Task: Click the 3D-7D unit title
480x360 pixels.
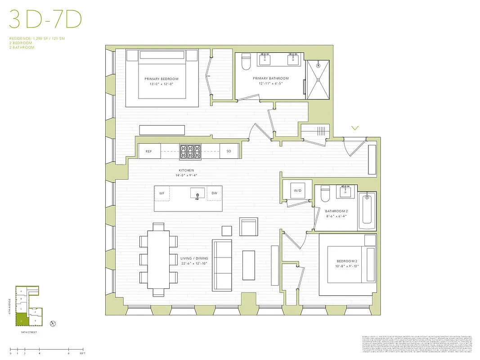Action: pyautogui.click(x=45, y=21)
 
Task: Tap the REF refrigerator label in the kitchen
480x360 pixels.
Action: pyautogui.click(x=148, y=152)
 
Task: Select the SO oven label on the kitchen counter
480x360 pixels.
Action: pyautogui.click(x=229, y=152)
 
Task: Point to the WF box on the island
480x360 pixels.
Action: pyautogui.click(x=161, y=193)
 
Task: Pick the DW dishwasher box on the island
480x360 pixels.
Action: pyautogui.click(x=214, y=193)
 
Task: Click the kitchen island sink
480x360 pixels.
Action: pyautogui.click(x=197, y=194)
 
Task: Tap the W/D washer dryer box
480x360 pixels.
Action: pyautogui.click(x=298, y=190)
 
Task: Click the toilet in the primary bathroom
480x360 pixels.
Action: pyautogui.click(x=246, y=62)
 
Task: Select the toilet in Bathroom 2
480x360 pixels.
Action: pyautogui.click(x=326, y=194)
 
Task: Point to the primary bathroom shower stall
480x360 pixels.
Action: pyautogui.click(x=319, y=80)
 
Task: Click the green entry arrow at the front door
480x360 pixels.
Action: pyautogui.click(x=355, y=128)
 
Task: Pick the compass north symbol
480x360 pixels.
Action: pyautogui.click(x=53, y=323)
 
